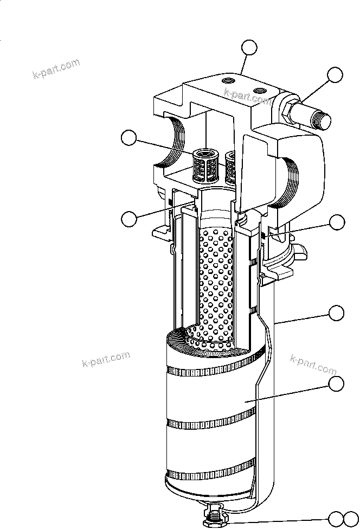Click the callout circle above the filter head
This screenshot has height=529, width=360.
click(x=249, y=48)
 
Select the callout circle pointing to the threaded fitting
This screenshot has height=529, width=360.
click(x=336, y=75)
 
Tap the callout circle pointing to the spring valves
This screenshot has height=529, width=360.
click(x=128, y=138)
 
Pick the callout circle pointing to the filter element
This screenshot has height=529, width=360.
click(x=336, y=384)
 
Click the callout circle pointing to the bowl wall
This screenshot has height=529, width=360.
click(x=336, y=313)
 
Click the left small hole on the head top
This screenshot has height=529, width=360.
click(x=224, y=80)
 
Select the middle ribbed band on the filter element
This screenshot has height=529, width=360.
click(x=211, y=420)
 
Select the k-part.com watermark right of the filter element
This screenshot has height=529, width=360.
click(x=313, y=365)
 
